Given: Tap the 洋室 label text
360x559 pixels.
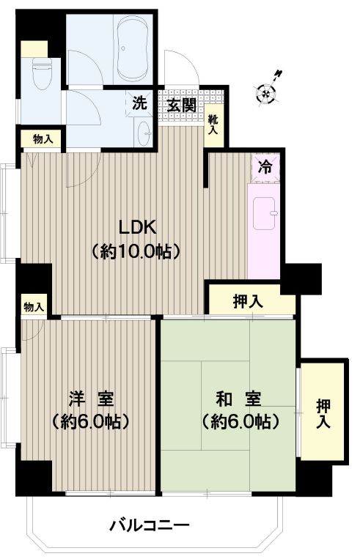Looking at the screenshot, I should coord(91,399).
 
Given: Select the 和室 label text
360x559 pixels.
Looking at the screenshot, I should coord(239,399).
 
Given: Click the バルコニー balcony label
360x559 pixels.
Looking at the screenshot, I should coord(150,525).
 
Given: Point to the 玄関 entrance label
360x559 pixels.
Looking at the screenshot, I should coord(181,104).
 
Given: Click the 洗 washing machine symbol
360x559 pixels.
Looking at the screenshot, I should coord(139,103).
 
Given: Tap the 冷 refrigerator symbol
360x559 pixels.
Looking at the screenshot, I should coord(265,166).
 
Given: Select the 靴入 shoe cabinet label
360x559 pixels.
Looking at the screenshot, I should coord(213,125).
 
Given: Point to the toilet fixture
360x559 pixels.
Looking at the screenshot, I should coord(43,75).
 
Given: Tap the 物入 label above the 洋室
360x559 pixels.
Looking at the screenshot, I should coord(33,306).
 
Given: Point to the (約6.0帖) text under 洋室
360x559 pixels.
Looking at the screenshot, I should coord(91,421).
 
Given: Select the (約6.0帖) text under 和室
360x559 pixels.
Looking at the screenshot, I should coord(239,421).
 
